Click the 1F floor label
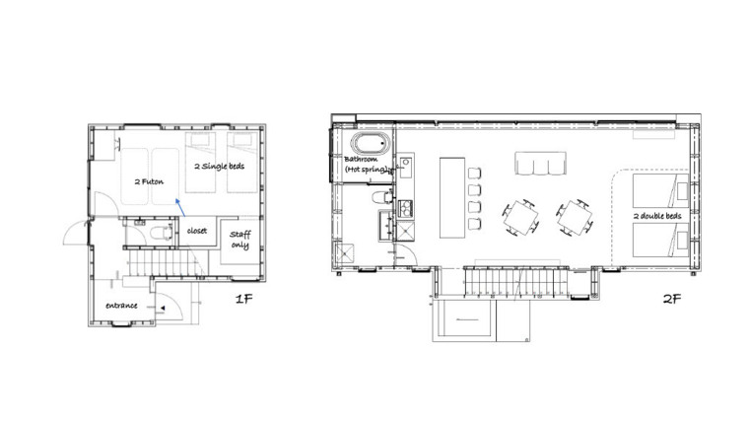pos(243,299)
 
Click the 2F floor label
pos(671,299)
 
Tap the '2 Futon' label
pos(149,181)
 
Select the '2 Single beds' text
pos(219,167)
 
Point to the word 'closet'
pos(197,231)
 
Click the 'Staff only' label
pos(239,240)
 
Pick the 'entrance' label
pos(121,306)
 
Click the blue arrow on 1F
pos(180,207)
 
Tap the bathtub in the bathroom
pos(371,143)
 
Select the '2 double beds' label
pos(657,216)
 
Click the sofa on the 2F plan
pos(540,164)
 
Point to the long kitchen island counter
pos(452,197)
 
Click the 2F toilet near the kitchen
pos(382,196)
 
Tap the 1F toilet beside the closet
pos(161,233)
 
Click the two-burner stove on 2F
pos(406,209)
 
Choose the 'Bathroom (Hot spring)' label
pos(367,164)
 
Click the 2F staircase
pos(515,282)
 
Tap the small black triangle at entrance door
pos(163,309)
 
